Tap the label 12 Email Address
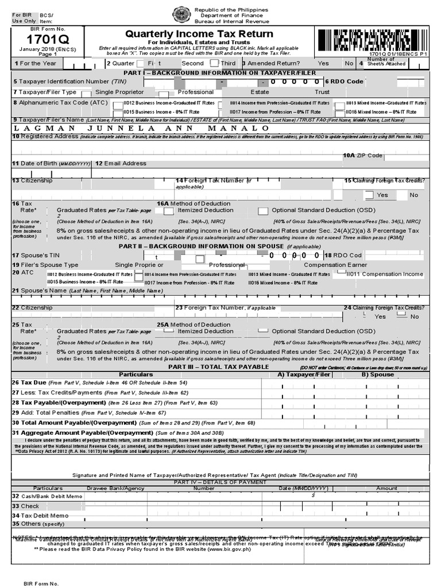pos(121,164)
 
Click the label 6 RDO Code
pos(344,82)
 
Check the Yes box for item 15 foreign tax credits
pos(369,195)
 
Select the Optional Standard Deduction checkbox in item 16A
pos(263,211)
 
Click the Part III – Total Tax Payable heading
pos(218,366)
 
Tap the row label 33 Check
pos(26,506)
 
